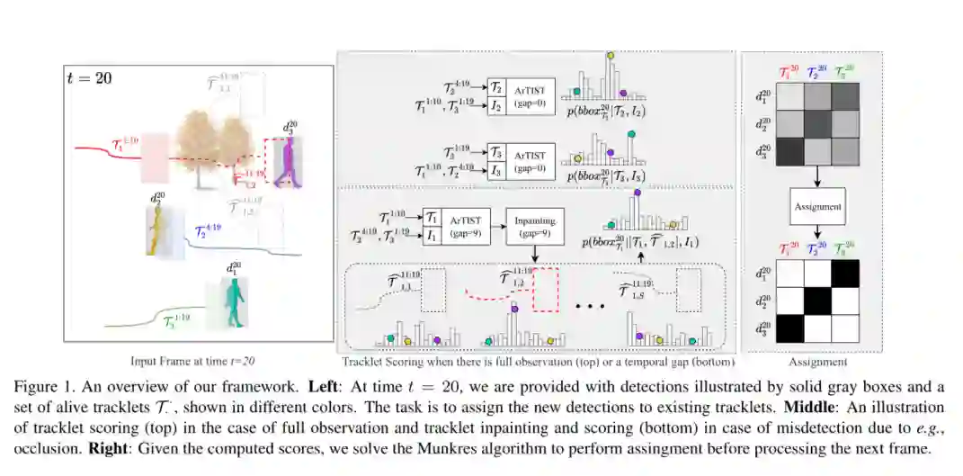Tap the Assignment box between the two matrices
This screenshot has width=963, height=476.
tap(816, 207)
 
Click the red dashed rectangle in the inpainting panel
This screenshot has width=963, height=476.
tap(547, 287)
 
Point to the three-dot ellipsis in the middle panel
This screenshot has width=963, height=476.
tap(588, 306)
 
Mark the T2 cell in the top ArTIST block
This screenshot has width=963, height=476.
tap(496, 87)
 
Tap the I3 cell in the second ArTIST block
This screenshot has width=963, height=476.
tap(496, 170)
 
